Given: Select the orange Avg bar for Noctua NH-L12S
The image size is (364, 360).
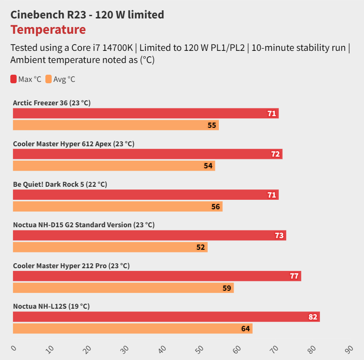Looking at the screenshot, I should coord(133,328).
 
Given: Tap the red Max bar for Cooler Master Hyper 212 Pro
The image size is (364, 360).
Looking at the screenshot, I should coord(157,276).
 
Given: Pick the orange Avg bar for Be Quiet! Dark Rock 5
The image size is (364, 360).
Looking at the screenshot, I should coord(117,207).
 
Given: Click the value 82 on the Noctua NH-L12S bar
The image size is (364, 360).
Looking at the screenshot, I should coord(313,317).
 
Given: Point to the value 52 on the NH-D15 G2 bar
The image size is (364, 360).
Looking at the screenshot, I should coord(200,247).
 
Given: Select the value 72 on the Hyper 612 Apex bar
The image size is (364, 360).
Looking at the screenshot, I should coord(275,154).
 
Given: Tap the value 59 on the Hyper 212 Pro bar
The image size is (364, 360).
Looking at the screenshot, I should coord(227,288).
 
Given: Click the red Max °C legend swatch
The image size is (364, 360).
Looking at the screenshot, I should coord(13,80).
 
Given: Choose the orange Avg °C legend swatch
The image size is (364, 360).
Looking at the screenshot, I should coord(49,80).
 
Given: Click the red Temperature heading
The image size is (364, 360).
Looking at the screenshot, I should coord(48,30).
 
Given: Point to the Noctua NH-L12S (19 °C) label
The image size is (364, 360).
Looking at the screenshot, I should coord(51,306).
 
